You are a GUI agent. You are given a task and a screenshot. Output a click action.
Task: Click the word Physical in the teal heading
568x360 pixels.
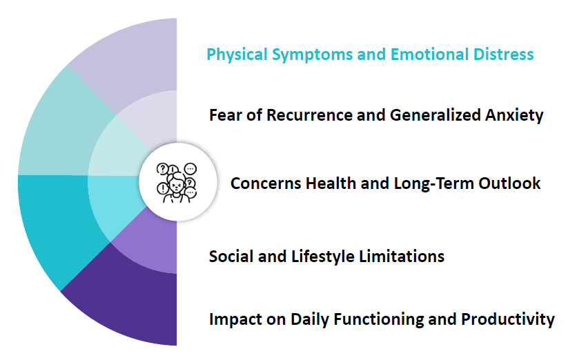[x=237, y=54]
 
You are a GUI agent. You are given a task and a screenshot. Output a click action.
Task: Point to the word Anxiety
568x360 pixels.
[x=514, y=116]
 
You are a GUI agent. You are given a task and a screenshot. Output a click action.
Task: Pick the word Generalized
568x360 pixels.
[x=435, y=115]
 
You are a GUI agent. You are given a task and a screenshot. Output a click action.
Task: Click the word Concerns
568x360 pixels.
[x=266, y=183]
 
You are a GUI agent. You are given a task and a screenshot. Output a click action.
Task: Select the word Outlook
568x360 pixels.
[x=509, y=183]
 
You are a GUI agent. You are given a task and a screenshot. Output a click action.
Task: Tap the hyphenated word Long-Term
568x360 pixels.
[x=433, y=184]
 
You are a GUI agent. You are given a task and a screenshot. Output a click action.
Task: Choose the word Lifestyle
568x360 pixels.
[x=323, y=257]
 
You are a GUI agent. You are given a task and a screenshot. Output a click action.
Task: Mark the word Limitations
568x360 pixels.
[x=402, y=256]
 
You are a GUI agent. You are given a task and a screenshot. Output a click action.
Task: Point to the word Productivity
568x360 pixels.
[x=507, y=319]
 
